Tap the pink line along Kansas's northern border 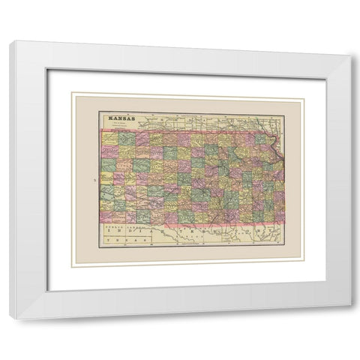pyautogui.click(x=187, y=132)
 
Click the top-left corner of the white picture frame pyautogui.click(x=10, y=42)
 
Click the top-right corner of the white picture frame pyautogui.click(x=350, y=42)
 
